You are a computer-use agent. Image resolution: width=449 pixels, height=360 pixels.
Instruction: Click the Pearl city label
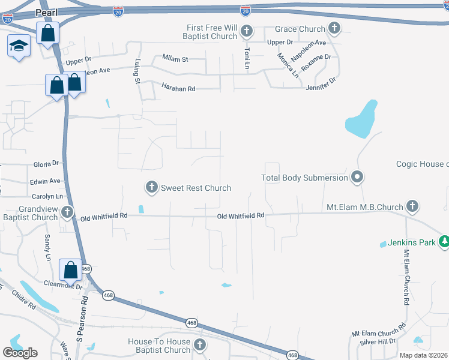[x=47, y=11]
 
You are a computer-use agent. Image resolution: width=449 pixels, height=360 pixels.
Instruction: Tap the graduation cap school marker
[x=19, y=46]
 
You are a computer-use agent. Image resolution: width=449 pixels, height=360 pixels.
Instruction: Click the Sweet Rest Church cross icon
[x=152, y=188]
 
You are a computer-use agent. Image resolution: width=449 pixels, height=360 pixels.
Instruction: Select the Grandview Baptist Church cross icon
[x=67, y=212]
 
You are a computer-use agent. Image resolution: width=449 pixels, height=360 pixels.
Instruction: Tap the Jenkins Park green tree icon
[x=444, y=242]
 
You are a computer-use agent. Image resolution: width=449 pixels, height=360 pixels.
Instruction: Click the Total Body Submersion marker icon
[x=358, y=177]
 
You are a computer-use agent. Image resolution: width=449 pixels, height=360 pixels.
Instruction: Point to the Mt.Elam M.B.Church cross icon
[x=412, y=207]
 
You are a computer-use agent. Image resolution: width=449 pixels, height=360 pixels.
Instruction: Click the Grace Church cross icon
[x=334, y=28]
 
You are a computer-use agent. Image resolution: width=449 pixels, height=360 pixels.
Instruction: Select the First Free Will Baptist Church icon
[x=246, y=31]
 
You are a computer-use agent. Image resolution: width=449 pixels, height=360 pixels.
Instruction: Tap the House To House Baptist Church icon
[x=200, y=345]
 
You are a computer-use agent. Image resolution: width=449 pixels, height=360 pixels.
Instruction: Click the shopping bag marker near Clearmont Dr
[x=70, y=270]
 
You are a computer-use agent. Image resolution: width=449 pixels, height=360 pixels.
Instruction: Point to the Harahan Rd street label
[x=178, y=88]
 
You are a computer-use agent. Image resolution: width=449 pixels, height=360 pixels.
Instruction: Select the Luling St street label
[x=137, y=71]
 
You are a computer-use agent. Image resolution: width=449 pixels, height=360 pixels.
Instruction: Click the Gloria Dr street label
[x=46, y=163]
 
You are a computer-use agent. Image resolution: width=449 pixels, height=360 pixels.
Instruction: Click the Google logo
[x=20, y=352]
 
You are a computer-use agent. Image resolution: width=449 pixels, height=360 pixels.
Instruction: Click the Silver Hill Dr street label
[x=378, y=341]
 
